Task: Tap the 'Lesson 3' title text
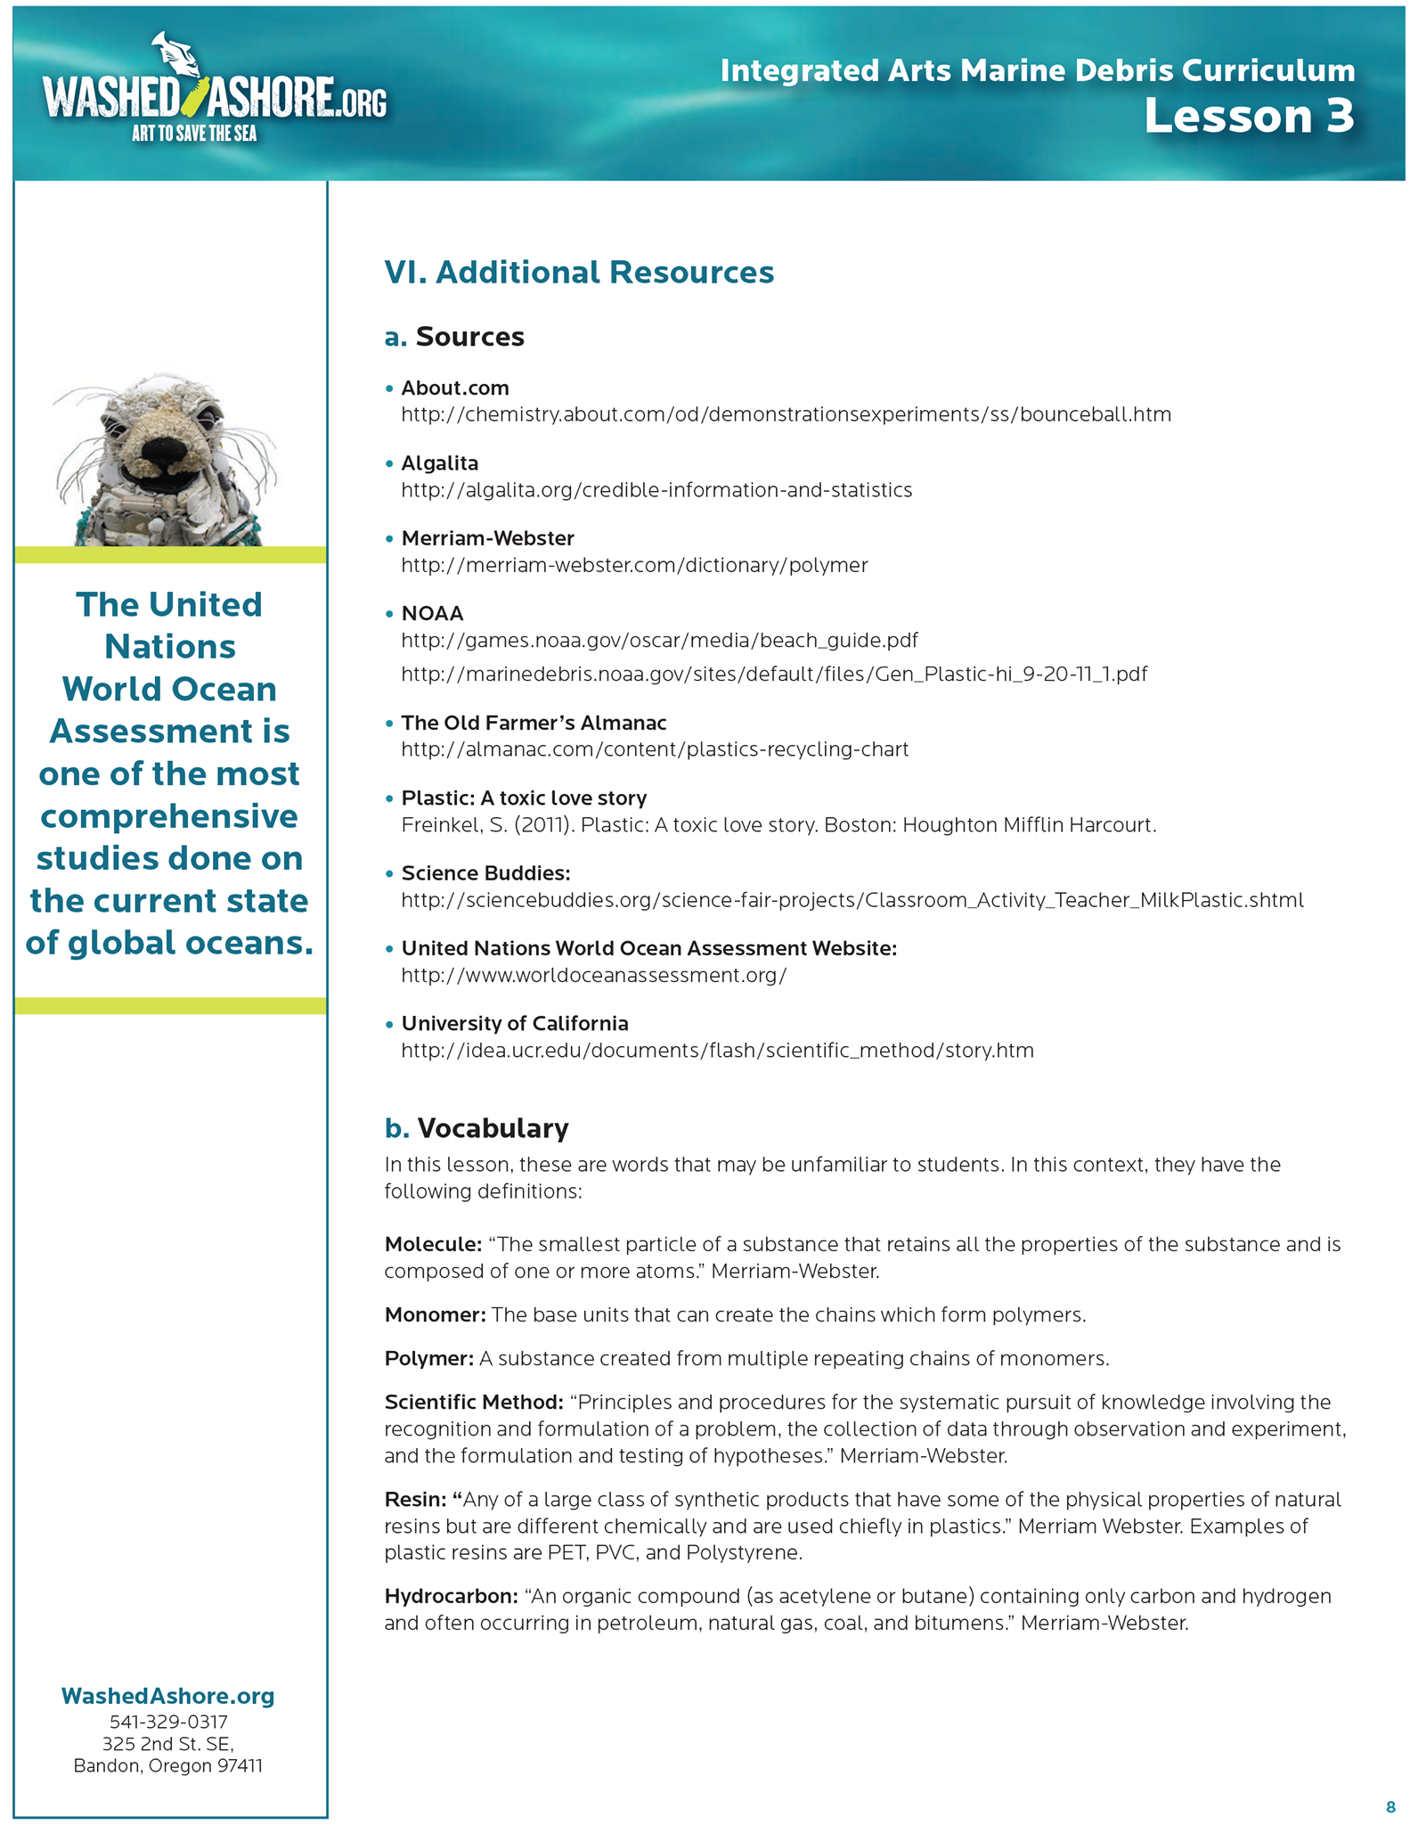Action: point(1249,116)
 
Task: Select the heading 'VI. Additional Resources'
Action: point(579,272)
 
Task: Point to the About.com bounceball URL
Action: point(786,414)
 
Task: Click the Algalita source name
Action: point(440,463)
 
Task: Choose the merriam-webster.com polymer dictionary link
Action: point(634,565)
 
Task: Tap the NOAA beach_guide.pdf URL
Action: point(659,641)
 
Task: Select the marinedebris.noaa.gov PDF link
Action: point(774,674)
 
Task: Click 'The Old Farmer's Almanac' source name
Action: point(534,723)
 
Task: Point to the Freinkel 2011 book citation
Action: point(778,825)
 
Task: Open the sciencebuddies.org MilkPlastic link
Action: point(852,900)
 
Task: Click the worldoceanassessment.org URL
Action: point(594,975)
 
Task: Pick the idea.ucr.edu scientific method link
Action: point(717,1051)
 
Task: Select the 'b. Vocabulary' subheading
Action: point(477,1128)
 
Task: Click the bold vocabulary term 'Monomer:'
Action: point(435,1314)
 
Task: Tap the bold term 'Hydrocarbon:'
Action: point(451,1596)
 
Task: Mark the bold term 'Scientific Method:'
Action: point(474,1402)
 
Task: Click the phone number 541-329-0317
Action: point(168,1722)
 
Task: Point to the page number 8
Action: point(1390,1807)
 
